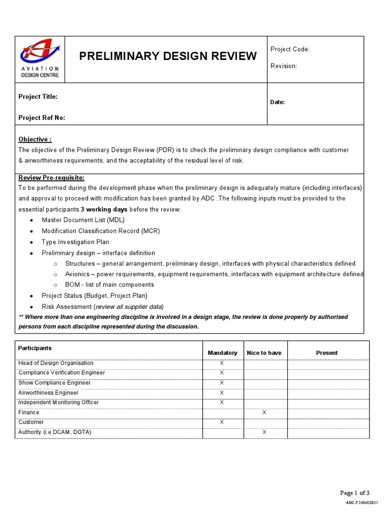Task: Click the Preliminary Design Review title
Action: [168, 56]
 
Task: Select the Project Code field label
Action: [290, 49]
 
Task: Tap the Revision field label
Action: [284, 66]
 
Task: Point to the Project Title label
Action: [38, 97]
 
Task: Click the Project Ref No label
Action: [42, 118]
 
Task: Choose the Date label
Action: [278, 102]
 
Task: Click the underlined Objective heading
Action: [35, 139]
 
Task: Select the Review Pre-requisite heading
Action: [51, 178]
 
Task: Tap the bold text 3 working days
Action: [104, 209]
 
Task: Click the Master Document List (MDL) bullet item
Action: [83, 220]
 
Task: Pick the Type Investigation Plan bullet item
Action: [75, 242]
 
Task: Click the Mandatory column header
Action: [222, 353]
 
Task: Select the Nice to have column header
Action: [264, 353]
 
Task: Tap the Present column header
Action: [327, 353]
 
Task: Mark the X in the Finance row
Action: [264, 413]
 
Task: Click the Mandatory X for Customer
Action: [222, 422]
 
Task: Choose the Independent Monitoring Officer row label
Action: [58, 403]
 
